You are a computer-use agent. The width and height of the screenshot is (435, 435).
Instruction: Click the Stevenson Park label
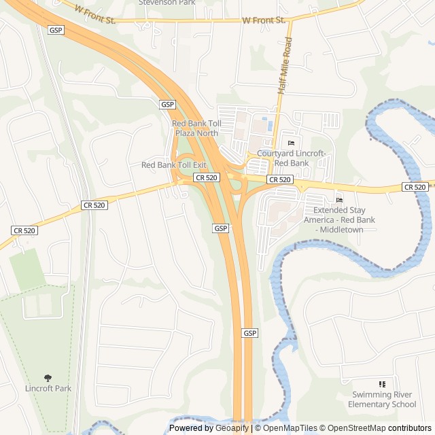tap(167, 3)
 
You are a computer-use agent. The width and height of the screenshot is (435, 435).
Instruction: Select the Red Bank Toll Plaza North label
tap(196, 128)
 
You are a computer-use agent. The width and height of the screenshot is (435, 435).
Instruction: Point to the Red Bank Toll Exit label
tap(173, 165)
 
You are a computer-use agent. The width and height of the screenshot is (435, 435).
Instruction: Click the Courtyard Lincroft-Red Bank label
tap(292, 159)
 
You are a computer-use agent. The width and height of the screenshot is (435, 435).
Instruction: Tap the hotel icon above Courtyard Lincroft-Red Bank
tap(292, 143)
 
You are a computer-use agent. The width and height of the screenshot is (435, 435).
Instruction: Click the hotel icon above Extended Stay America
tap(339, 199)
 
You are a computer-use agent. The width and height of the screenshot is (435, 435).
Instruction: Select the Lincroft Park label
tap(47, 389)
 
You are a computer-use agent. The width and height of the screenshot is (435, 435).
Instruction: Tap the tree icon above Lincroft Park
tap(47, 378)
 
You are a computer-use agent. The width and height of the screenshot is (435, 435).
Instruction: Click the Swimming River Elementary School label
tap(381, 400)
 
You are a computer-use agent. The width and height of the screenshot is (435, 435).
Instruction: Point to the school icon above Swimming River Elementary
tap(381, 385)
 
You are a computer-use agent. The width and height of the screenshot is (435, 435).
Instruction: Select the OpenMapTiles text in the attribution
tap(290, 428)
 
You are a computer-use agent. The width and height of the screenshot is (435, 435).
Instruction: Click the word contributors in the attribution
tap(409, 428)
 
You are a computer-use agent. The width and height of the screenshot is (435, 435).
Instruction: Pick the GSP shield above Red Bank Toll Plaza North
tap(168, 105)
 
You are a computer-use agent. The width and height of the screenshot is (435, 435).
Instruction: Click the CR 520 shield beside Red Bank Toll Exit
tap(206, 177)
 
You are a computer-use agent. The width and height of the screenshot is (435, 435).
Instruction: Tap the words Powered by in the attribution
tap(191, 428)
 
